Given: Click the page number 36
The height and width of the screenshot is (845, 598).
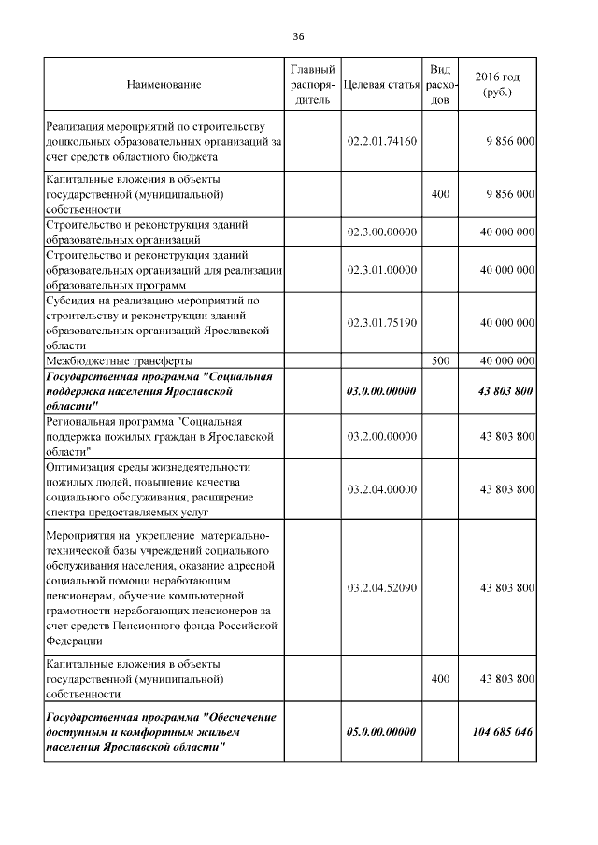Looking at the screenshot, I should (298, 36).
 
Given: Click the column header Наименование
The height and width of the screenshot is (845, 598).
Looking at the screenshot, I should (164, 85).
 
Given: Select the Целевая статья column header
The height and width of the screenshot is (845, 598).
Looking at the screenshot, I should (380, 85).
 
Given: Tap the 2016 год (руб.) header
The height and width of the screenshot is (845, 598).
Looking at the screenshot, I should (497, 85).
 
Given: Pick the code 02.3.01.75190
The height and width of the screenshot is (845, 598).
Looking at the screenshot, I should (380, 323).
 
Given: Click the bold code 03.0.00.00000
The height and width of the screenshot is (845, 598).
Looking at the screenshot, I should (380, 391).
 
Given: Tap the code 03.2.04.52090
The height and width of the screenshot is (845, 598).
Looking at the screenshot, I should (380, 587).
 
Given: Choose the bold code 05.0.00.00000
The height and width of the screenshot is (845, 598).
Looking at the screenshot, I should (380, 732).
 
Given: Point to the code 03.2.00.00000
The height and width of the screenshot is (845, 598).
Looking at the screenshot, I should (380, 437).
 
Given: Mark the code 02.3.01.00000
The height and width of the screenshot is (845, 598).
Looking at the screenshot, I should (380, 271).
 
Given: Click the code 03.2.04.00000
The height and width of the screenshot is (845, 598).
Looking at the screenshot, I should (380, 489).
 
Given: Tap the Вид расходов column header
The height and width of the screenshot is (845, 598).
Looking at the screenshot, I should (440, 85).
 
